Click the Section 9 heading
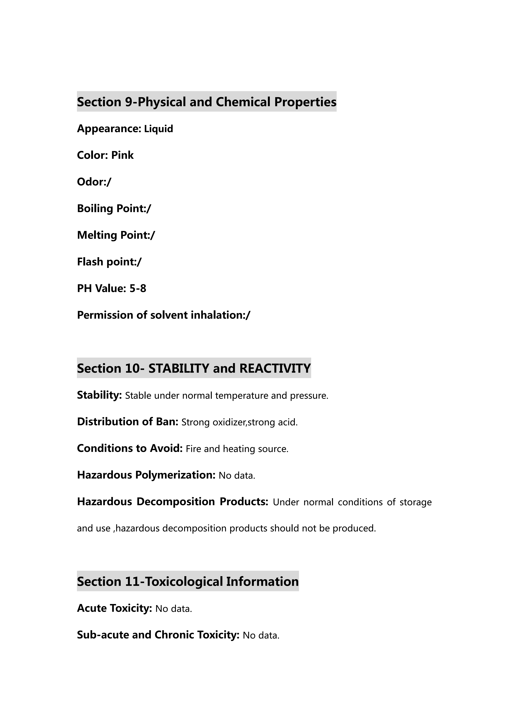[x=206, y=102]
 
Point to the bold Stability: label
[x=99, y=395]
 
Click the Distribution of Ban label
[x=127, y=422]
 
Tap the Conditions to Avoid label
[x=129, y=448]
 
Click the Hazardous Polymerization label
[x=146, y=475]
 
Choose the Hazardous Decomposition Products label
[x=172, y=502]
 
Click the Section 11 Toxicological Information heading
[x=188, y=582]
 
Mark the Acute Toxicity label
[x=114, y=608]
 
